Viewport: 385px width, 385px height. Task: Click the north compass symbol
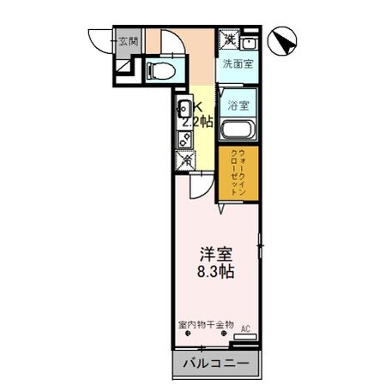click(283, 40)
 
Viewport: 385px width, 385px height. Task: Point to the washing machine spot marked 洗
click(229, 39)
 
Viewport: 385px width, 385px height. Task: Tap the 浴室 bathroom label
click(238, 105)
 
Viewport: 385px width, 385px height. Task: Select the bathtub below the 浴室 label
click(237, 131)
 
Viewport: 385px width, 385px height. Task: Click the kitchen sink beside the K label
click(185, 110)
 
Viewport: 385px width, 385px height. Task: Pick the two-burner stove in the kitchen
click(184, 137)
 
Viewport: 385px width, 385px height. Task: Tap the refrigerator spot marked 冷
click(186, 159)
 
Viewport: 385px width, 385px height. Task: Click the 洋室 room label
click(217, 255)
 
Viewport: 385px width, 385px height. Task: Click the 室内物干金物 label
click(205, 327)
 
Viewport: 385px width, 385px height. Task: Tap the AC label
click(244, 328)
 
